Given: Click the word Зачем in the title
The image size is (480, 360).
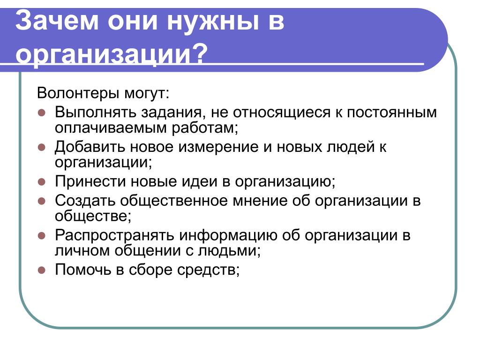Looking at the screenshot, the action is point(57,20).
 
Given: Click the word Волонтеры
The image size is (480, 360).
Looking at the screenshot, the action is point(78,93).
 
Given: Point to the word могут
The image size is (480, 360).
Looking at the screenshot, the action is point(146,93).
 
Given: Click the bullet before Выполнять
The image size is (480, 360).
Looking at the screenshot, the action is point(42,112).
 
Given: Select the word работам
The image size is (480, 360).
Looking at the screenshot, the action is point(204,128).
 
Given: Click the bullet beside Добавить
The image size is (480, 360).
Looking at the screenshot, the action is point(42,147).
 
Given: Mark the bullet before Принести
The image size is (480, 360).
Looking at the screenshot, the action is point(42,182).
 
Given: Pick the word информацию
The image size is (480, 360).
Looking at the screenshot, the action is point(228,236).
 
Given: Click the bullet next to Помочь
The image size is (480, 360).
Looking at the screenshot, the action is point(42,270).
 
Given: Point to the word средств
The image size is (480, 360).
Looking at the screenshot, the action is point(208,270).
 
